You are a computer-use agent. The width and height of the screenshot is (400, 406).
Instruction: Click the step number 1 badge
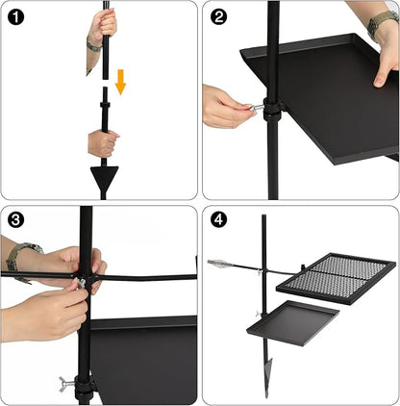point(15,16)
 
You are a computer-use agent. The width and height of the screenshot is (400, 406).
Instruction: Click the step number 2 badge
point(219,16)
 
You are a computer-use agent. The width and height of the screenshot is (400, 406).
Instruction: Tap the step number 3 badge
point(15,220)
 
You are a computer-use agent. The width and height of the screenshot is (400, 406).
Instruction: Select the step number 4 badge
point(219,220)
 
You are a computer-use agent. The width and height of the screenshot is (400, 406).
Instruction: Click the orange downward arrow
point(120,82)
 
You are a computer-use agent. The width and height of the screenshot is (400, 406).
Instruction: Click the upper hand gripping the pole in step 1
point(102,27)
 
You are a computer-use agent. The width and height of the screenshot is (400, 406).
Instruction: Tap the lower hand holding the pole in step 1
point(102,143)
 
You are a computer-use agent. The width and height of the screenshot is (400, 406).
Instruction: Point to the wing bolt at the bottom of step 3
point(66,384)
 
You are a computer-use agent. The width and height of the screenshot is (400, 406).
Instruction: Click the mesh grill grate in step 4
point(336,278)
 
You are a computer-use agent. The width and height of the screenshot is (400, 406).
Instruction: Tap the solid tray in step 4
point(293,322)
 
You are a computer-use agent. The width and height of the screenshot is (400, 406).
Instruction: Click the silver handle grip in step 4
point(218,264)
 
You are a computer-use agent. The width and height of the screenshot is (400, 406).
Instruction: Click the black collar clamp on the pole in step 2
point(272,109)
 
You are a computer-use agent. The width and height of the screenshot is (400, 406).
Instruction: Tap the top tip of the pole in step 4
point(263,216)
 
